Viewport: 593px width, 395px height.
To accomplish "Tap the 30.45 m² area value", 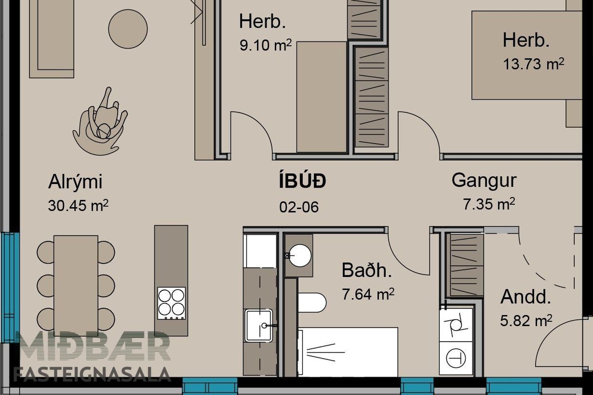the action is [x=78, y=206].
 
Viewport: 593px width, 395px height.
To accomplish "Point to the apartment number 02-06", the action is [x=299, y=207].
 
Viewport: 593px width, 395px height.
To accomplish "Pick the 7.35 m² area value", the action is [x=489, y=204].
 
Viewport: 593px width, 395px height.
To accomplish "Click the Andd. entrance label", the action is [x=526, y=297].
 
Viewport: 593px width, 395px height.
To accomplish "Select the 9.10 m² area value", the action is [x=266, y=45].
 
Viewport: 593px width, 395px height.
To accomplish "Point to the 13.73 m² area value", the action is [x=533, y=64].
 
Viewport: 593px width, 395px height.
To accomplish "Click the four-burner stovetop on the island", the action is [x=171, y=303].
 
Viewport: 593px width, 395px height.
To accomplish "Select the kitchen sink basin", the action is [x=259, y=325].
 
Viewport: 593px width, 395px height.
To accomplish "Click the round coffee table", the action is [x=128, y=29].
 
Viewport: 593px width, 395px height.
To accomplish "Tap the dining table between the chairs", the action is [x=76, y=286].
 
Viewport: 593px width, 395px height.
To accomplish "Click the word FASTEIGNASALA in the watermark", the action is [x=92, y=374].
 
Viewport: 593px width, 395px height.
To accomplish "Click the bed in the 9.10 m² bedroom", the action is [x=322, y=97].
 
